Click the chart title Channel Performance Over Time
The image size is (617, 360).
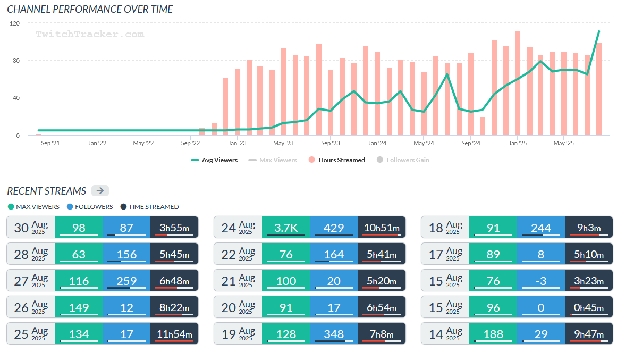90,9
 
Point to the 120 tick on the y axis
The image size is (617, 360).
14,23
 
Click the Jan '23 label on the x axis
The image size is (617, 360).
236,143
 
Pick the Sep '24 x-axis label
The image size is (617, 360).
470,143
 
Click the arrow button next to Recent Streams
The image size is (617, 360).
100,191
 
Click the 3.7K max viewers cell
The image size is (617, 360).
286,228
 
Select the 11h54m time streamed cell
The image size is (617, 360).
174,334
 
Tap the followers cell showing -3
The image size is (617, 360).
541,281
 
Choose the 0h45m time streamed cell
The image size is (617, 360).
589,307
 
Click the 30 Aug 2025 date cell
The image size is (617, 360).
31,228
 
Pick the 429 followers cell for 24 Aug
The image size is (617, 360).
334,228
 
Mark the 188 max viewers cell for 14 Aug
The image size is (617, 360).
493,334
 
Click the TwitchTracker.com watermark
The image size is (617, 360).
90,34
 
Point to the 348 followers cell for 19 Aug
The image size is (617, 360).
334,334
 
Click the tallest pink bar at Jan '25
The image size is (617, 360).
517,83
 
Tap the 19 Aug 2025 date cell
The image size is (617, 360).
238,334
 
